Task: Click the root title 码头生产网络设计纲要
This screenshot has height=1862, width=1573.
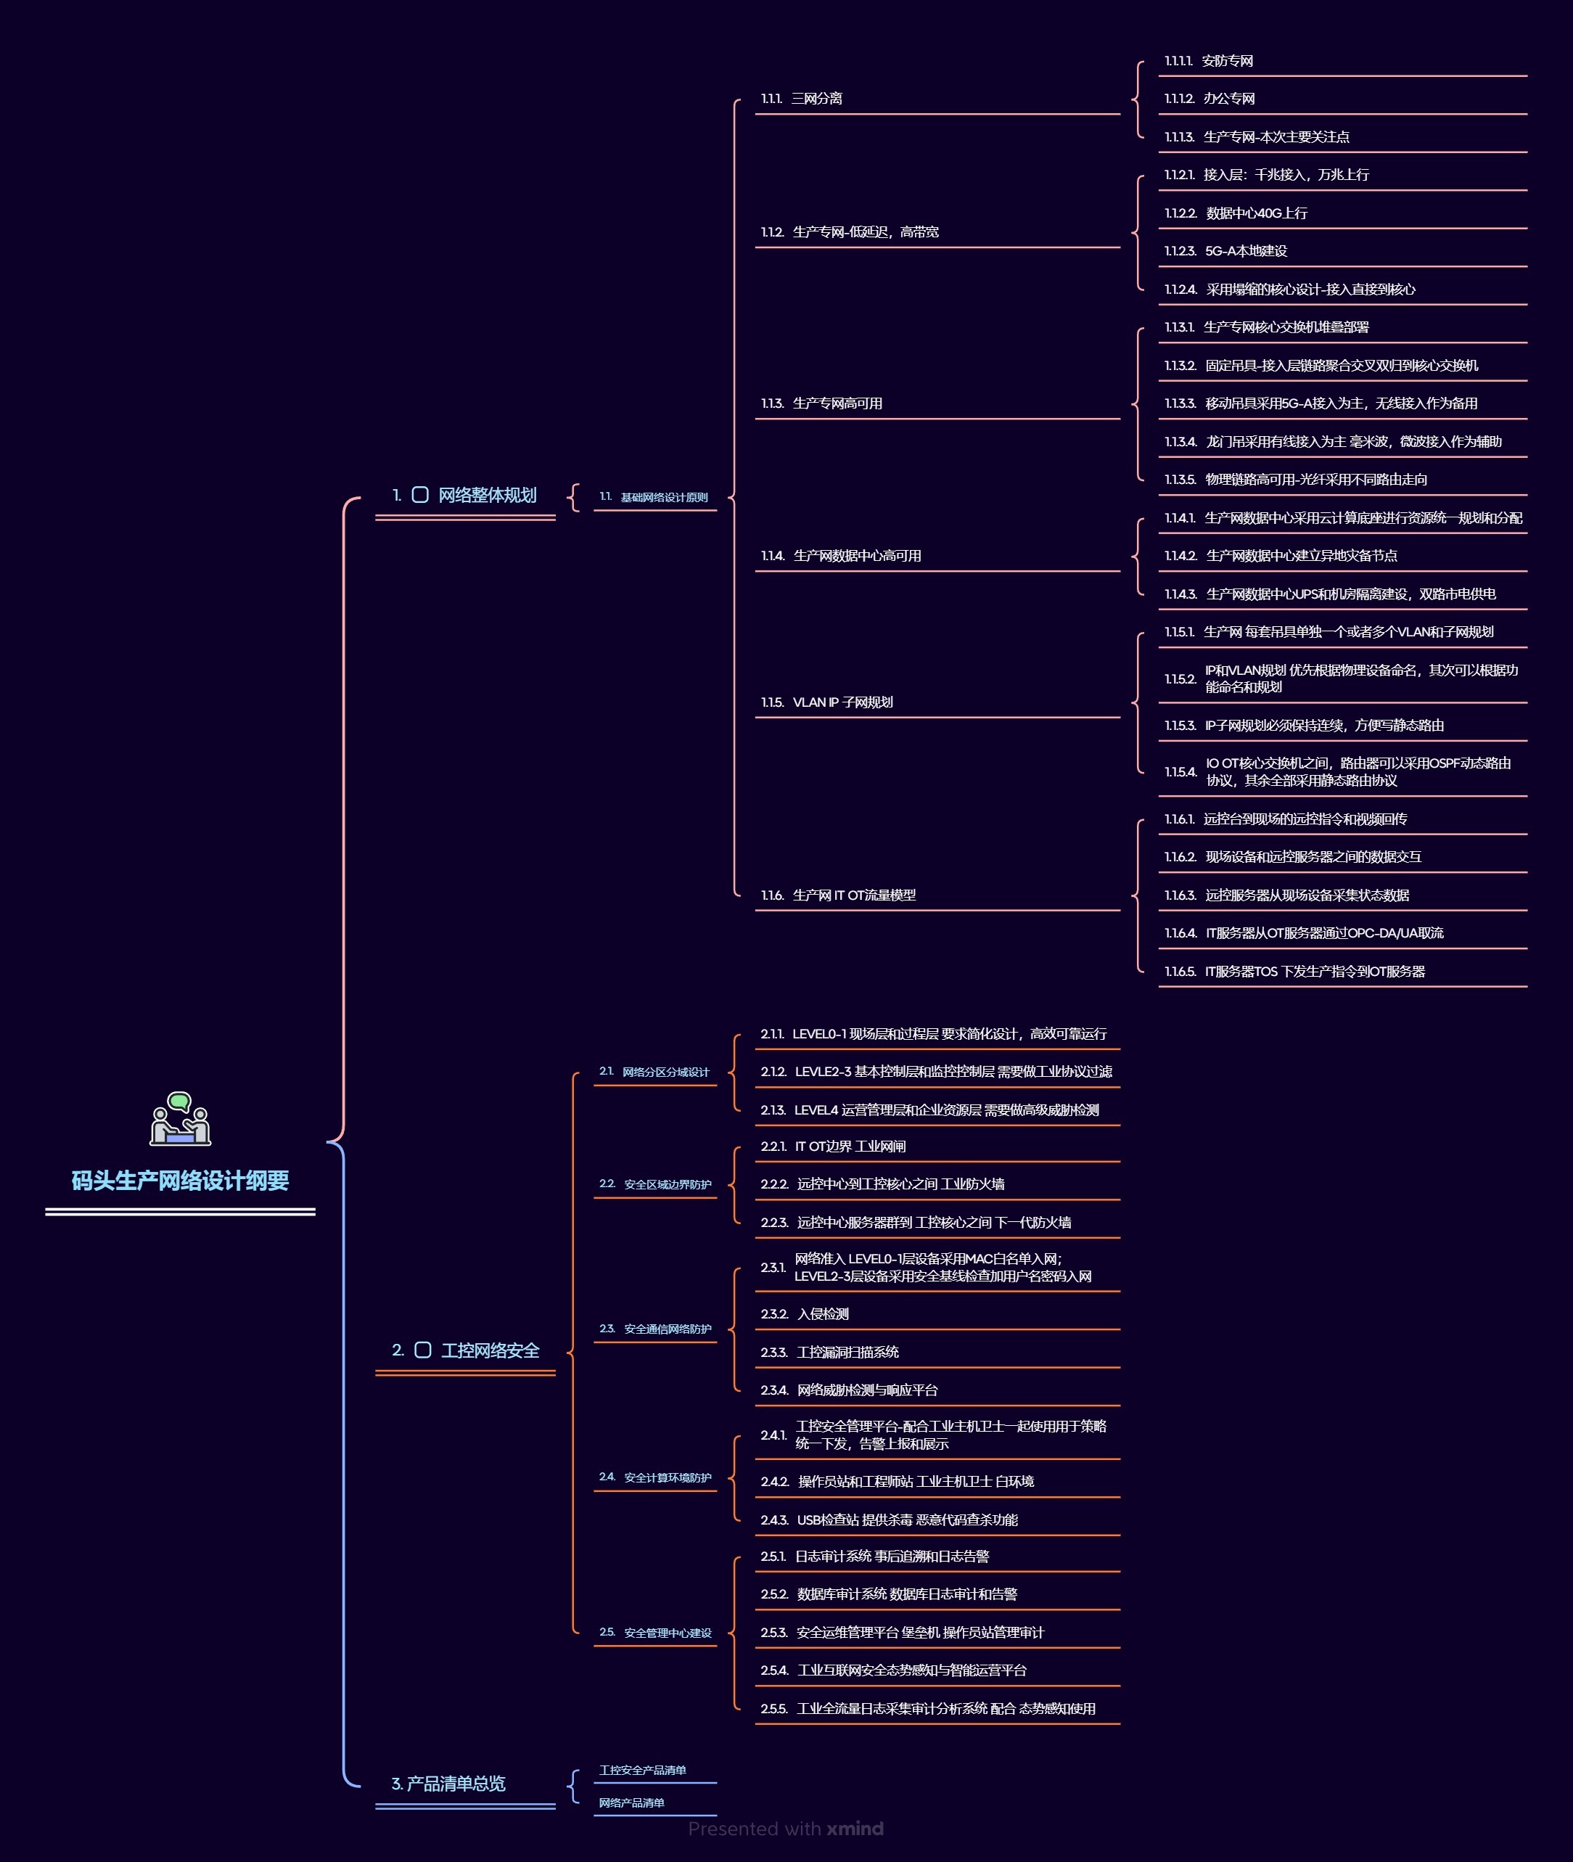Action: pos(180,1181)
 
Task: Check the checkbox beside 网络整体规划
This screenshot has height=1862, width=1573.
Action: pos(420,495)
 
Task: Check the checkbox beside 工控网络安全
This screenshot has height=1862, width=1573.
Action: pos(423,1350)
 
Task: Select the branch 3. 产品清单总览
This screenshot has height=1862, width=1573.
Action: pos(448,1784)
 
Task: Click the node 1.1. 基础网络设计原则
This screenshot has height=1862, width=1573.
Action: pos(654,498)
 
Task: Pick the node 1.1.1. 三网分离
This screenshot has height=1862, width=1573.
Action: pos(802,99)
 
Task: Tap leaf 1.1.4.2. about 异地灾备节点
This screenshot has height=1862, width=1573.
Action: pos(1281,556)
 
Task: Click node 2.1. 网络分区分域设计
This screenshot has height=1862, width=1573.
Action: pos(654,1072)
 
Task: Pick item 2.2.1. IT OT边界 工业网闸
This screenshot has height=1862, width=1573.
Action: pos(833,1147)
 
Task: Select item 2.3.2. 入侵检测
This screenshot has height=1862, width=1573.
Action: pos(805,1314)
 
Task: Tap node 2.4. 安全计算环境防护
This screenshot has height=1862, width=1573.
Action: pos(655,1477)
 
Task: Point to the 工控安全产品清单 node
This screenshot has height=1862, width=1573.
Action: pos(643,1770)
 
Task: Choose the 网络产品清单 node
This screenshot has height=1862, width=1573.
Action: pos(632,1803)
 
